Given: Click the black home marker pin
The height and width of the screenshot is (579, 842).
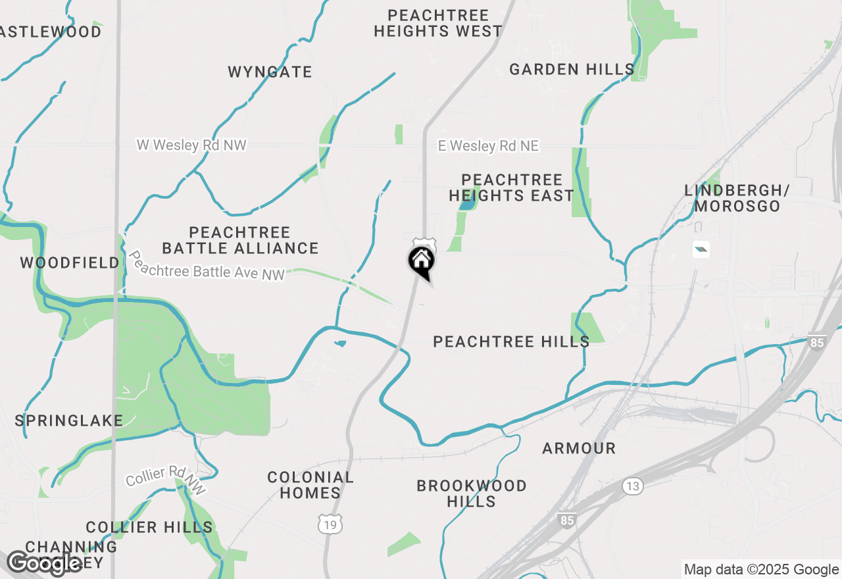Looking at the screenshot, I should [422, 261].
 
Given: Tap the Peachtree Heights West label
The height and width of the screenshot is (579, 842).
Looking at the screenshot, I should [437, 23].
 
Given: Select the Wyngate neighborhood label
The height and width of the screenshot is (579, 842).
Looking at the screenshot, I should [270, 72].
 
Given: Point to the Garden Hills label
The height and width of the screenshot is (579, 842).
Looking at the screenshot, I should [572, 69].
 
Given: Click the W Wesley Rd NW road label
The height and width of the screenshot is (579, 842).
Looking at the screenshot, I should [191, 145].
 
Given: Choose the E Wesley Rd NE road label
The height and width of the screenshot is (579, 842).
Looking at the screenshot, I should [488, 146].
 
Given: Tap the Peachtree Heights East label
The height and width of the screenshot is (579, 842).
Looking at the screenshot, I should [511, 188].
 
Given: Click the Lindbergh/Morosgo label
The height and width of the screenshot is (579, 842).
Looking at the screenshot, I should [737, 198].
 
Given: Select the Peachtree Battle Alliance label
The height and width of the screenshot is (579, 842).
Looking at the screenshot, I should [240, 240].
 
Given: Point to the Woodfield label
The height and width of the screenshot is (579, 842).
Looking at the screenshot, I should [70, 263].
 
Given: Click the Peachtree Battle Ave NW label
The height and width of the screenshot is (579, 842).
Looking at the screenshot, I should [208, 264].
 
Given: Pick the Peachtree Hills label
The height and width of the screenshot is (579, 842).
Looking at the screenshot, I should [511, 341].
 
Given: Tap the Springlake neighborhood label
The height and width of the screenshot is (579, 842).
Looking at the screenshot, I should [69, 420].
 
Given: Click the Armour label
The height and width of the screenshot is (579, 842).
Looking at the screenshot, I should [579, 449].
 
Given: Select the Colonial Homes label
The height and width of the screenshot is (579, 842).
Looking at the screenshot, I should [310, 485].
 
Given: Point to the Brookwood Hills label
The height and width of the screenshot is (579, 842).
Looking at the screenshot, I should [472, 493].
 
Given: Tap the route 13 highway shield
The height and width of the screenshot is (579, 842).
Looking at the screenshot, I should [633, 486].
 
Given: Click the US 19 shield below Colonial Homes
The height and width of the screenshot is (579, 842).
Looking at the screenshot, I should [329, 524].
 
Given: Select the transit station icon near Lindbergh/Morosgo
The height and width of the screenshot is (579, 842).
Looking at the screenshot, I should [701, 249].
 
